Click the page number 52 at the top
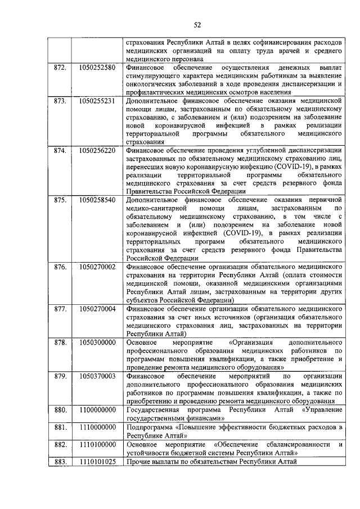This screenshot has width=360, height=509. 197,24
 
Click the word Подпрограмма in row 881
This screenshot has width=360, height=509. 151,427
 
